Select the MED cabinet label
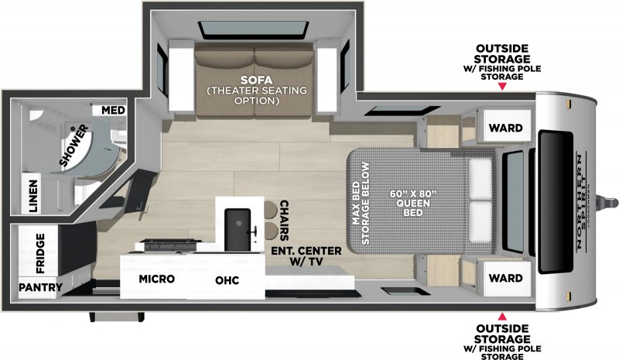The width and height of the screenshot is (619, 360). (111, 110)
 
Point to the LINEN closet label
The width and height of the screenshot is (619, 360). (33, 197)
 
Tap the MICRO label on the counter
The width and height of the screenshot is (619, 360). (156, 279)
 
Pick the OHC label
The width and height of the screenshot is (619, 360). (227, 279)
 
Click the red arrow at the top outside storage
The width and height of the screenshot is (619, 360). (502, 87)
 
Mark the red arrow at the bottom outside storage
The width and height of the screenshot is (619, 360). (502, 317)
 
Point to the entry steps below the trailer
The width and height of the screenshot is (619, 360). (116, 317)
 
